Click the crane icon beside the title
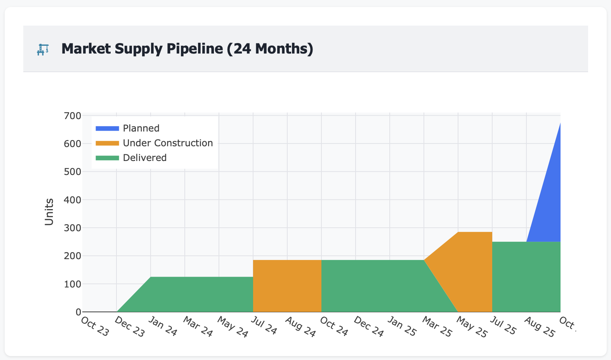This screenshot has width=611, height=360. click(43, 49)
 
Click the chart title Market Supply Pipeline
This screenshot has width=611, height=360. click(187, 49)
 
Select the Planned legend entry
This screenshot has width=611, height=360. click(141, 128)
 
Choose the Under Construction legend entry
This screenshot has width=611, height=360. click(168, 143)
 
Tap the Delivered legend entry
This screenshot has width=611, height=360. click(144, 158)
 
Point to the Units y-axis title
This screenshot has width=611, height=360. click(49, 211)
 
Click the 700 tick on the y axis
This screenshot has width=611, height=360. click(73, 116)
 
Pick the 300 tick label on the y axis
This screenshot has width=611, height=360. click(73, 228)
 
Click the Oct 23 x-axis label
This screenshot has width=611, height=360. click(95, 327)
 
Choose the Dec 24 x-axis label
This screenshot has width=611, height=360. click(369, 327)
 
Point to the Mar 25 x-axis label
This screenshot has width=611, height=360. click(437, 327)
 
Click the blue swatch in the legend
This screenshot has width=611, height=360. click(107, 128)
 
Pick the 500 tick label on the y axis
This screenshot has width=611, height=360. click(73, 171)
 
